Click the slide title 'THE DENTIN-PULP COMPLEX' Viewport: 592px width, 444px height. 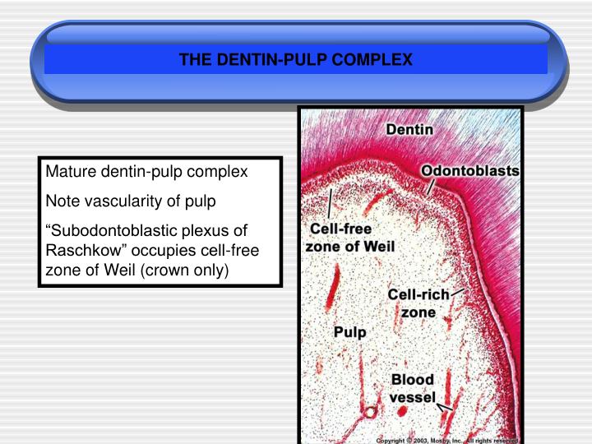(x=296, y=60)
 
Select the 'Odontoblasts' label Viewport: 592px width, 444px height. (x=470, y=170)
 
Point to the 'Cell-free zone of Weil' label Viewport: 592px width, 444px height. (x=350, y=237)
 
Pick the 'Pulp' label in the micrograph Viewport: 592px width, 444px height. (x=349, y=331)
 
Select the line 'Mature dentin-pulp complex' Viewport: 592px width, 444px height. (x=146, y=173)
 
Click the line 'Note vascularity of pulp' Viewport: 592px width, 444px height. (x=130, y=201)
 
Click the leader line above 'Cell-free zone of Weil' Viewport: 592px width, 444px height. (x=331, y=202)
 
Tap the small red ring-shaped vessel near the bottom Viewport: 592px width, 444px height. (x=370, y=412)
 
